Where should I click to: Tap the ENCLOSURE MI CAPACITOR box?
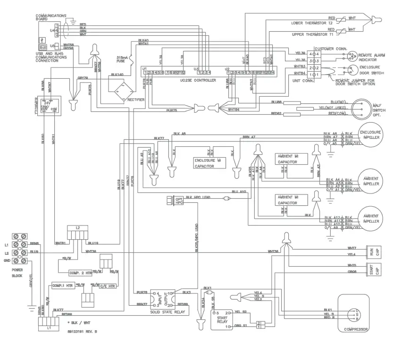pos(210,163)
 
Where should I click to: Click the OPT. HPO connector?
pos(178,201)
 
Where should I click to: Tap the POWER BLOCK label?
pos(17,273)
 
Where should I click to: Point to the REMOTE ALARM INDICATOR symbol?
pos(351,56)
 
